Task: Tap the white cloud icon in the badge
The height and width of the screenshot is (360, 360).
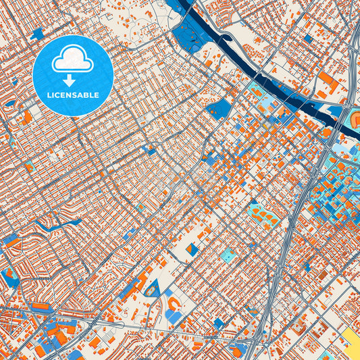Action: point(72,61)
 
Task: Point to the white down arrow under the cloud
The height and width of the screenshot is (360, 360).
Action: point(72,79)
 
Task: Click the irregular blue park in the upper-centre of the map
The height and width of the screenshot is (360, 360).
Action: point(218,109)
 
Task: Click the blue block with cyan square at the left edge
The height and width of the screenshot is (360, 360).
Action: point(8,277)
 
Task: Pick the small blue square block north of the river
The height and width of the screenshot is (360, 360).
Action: point(308,38)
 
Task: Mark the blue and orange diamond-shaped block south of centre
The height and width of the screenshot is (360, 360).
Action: point(193,250)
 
